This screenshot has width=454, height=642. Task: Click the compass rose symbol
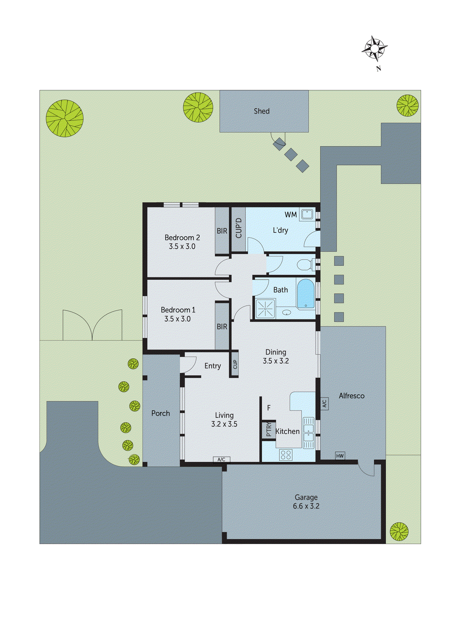pyautogui.click(x=374, y=49)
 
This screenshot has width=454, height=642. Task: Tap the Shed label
pyautogui.click(x=261, y=111)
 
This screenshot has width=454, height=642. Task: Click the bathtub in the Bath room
pyautogui.click(x=306, y=294)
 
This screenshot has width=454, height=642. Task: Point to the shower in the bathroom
pyautogui.click(x=266, y=309)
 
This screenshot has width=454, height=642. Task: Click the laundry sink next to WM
pyautogui.click(x=307, y=214)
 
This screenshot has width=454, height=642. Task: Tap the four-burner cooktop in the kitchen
pyautogui.click(x=286, y=455)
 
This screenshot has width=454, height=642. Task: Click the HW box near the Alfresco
pyautogui.click(x=340, y=456)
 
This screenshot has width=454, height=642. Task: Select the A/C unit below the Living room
pyautogui.click(x=221, y=459)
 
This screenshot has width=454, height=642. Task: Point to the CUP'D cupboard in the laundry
pyautogui.click(x=238, y=228)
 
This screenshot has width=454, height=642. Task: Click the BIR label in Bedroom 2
pyautogui.click(x=222, y=231)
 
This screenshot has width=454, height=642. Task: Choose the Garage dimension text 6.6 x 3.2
pyautogui.click(x=306, y=506)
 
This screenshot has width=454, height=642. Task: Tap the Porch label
pyautogui.click(x=161, y=413)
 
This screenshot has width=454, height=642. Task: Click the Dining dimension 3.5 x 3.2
pyautogui.click(x=276, y=361)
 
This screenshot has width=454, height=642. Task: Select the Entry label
pyautogui.click(x=212, y=366)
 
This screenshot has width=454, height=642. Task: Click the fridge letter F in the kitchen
pyautogui.click(x=269, y=408)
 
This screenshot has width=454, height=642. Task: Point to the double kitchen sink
pyautogui.click(x=308, y=433)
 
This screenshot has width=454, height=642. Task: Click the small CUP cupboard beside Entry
pyautogui.click(x=235, y=364)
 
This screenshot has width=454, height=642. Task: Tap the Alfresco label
pyautogui.click(x=352, y=396)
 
